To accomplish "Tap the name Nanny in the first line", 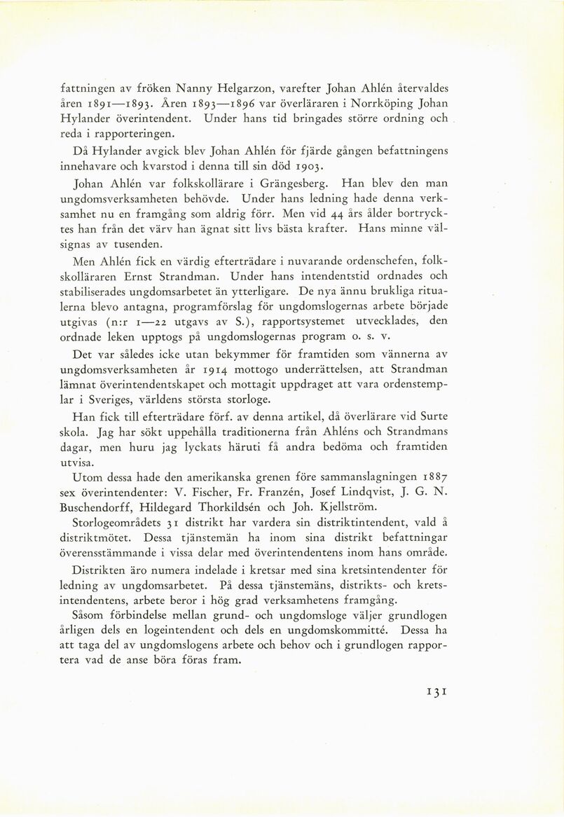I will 199,89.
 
